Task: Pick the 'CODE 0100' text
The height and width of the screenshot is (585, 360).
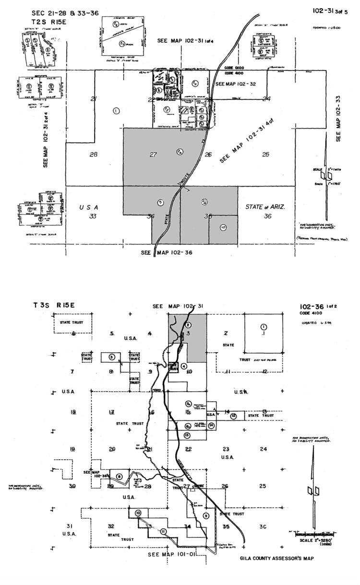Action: (x=235, y=68)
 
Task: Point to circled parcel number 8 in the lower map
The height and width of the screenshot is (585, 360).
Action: (x=120, y=476)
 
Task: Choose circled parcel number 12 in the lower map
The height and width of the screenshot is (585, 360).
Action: (x=233, y=416)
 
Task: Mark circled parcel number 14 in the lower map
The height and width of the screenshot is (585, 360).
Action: (x=211, y=425)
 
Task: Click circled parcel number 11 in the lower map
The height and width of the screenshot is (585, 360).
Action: (x=164, y=531)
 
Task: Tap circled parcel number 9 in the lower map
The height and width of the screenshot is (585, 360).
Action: (x=206, y=516)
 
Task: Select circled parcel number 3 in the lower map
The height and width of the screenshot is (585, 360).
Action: (x=111, y=357)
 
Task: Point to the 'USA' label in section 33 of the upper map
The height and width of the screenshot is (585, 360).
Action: (x=89, y=207)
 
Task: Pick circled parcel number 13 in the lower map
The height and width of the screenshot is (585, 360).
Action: (x=187, y=435)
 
